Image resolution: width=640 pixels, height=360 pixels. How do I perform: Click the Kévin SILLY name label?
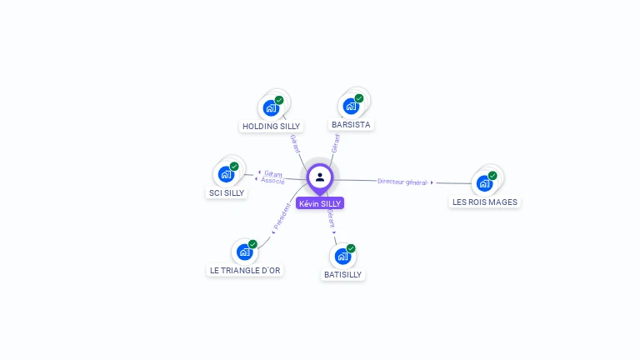tap(320, 203)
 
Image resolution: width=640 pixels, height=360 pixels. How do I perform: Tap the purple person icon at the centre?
tap(320, 177)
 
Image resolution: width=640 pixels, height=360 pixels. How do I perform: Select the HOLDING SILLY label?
tap(271, 127)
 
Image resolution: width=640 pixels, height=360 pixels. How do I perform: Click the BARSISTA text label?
tap(351, 124)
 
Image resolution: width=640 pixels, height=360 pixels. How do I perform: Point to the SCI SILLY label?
tap(226, 192)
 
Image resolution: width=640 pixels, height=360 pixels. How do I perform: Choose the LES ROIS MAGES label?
tap(484, 202)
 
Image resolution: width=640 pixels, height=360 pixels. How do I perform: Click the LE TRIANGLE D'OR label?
tap(245, 270)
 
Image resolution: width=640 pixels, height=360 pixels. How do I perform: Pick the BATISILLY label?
tap(343, 274)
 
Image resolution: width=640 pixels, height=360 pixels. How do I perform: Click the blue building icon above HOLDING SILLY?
tap(271, 107)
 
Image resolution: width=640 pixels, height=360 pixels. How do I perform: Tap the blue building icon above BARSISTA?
tap(351, 106)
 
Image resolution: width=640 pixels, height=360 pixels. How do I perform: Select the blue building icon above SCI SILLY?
tap(226, 174)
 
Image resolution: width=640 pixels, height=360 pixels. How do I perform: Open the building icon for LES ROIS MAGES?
tap(484, 183)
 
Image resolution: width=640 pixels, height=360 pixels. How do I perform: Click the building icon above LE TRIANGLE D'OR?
tap(244, 252)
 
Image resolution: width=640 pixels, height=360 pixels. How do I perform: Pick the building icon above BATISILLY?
tap(342, 256)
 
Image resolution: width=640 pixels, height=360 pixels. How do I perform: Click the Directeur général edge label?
tap(402, 181)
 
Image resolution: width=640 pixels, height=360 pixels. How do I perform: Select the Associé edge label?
tap(272, 180)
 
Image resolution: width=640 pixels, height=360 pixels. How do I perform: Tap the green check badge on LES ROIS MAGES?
tap(492, 176)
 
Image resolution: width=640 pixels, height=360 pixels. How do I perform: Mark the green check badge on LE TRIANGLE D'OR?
tap(252, 244)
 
